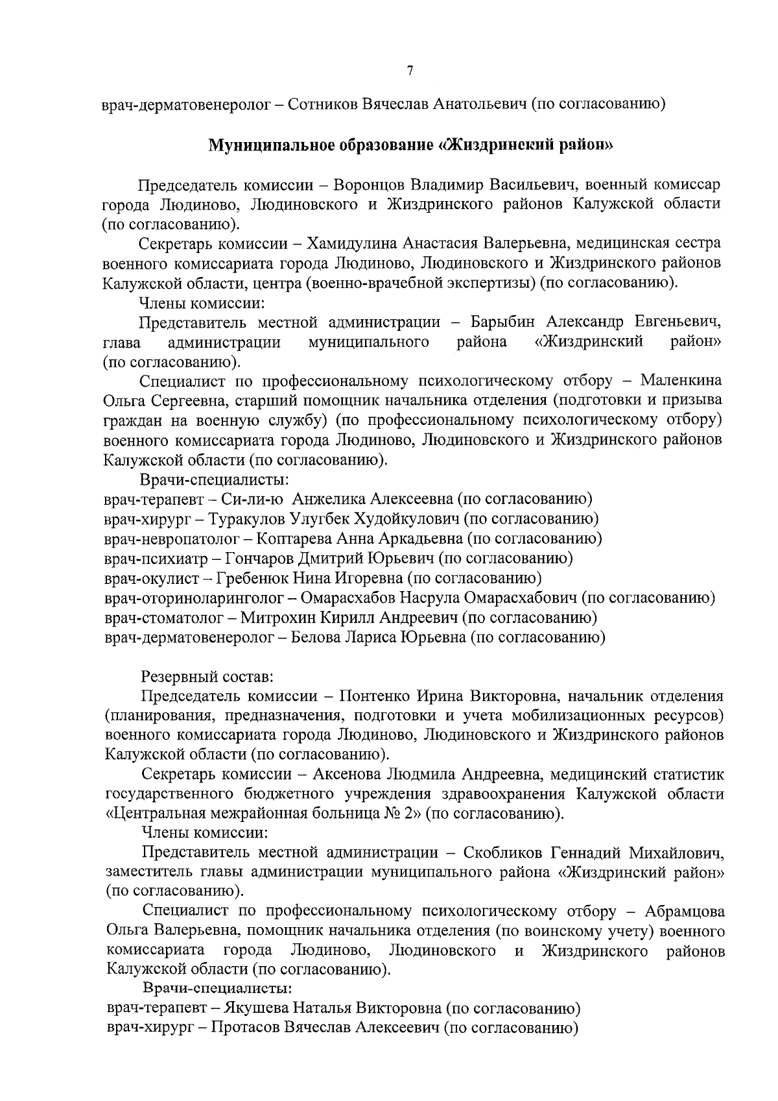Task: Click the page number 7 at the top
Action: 410,71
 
